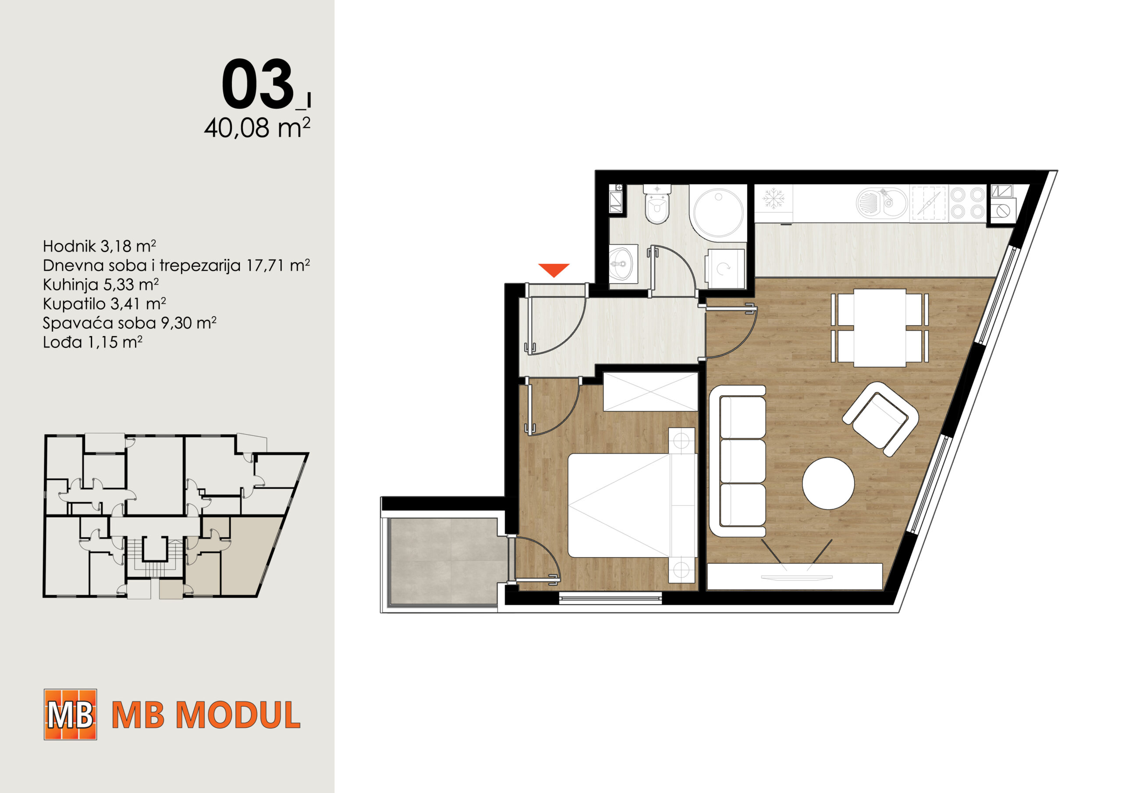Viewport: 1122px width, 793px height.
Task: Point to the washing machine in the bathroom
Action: [726, 268]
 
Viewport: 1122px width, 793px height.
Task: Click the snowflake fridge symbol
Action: [774, 198]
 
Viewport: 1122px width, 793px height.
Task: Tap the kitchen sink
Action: [881, 203]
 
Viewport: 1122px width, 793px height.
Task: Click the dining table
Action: [880, 328]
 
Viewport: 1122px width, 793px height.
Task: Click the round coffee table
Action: [828, 483]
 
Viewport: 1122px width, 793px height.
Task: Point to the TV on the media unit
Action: [796, 577]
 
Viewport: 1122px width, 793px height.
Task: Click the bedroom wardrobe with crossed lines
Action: [650, 392]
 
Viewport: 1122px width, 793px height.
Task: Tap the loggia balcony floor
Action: [443, 563]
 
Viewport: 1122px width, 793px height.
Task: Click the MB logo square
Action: [71, 714]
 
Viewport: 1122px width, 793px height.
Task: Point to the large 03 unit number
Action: [258, 84]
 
